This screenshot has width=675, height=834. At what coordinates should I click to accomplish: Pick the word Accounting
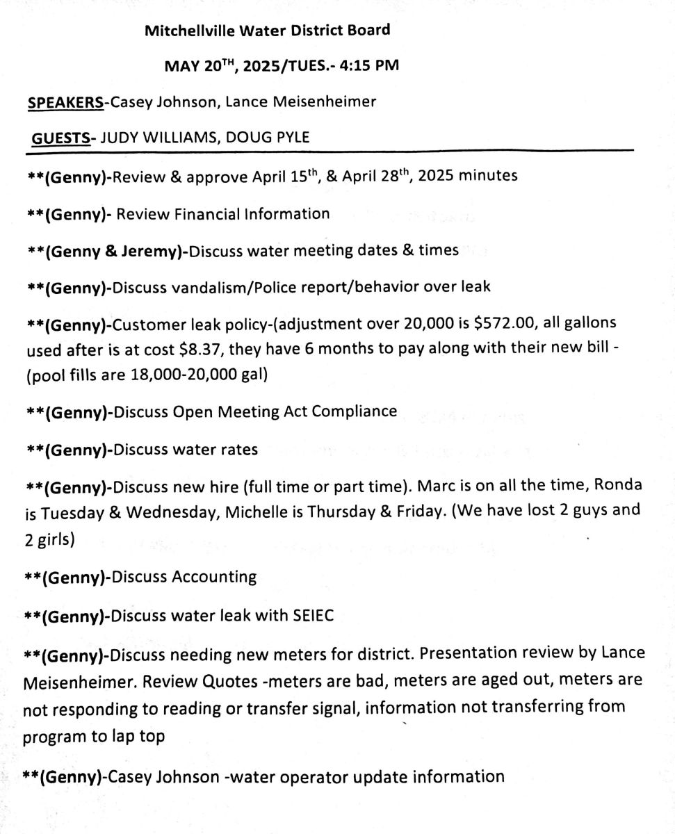[214, 577]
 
